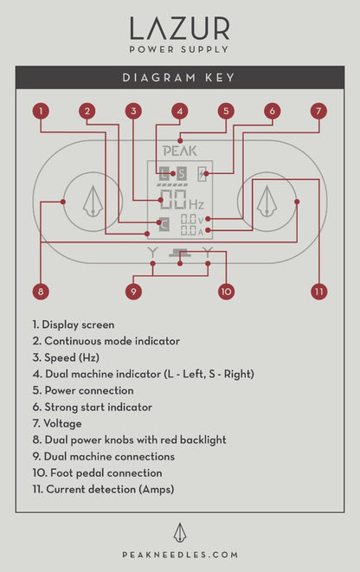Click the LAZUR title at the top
point(179,29)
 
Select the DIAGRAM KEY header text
point(179,78)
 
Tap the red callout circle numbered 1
point(40,111)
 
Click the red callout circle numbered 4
point(179,111)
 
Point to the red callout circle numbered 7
point(318,111)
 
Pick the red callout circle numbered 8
point(40,292)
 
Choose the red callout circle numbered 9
point(132,292)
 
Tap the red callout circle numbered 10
point(226,292)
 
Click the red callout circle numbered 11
point(318,292)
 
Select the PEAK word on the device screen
point(179,150)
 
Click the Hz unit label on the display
point(196,206)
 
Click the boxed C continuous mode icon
point(164,225)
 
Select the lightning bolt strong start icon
point(202,172)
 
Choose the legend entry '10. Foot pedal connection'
point(97,473)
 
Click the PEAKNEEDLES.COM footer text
point(179,554)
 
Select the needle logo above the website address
point(179,531)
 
